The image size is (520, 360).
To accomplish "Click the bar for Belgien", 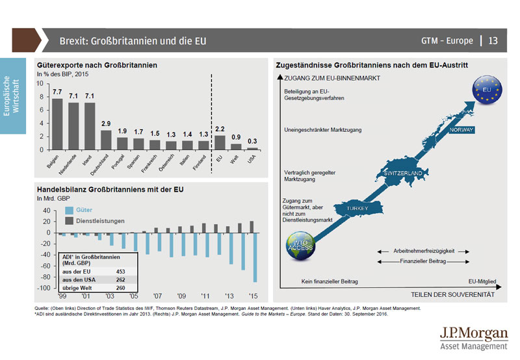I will coord(57,124).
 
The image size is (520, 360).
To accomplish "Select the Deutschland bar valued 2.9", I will coord(106,140).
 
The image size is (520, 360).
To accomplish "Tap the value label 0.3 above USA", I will coord(252,141).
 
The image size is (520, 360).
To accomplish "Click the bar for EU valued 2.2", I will coord(220,142).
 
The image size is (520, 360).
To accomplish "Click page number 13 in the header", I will coord(493,41).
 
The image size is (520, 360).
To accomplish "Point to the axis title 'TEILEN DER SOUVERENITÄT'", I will coord(449,294).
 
